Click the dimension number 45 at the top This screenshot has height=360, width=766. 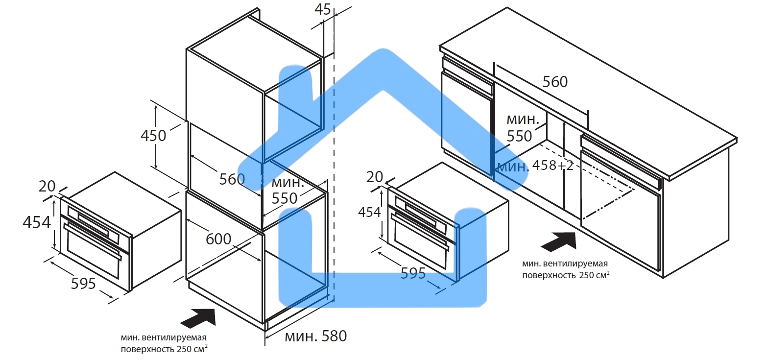[x=323, y=10]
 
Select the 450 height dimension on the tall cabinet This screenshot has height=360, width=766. [x=153, y=136]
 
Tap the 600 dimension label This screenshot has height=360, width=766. [x=218, y=239]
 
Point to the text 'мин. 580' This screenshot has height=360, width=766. [x=315, y=336]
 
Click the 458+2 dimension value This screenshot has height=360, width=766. [x=552, y=166]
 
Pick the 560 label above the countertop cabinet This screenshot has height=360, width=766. [x=555, y=82]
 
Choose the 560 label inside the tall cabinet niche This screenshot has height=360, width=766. [x=232, y=179]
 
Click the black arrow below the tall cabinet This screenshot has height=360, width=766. [x=199, y=318]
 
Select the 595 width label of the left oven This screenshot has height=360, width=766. [x=83, y=283]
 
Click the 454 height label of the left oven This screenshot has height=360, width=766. [x=36, y=222]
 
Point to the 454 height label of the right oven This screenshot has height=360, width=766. [x=369, y=212]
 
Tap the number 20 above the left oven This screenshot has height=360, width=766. [x=48, y=186]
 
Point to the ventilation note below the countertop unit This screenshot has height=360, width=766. [x=566, y=269]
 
